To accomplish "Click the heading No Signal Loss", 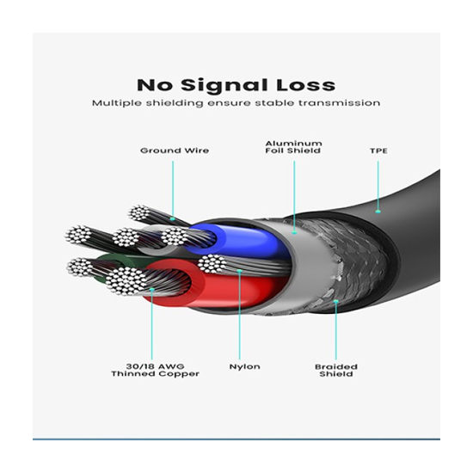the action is [x=236, y=85].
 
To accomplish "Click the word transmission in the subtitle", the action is [x=340, y=103].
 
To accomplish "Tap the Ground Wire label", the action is [x=175, y=150].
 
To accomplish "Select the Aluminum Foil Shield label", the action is [x=293, y=147].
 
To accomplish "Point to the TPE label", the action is [x=378, y=150].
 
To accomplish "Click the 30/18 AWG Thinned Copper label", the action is [x=155, y=370].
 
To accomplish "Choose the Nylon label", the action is [x=244, y=367].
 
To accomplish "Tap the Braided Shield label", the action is [x=336, y=371].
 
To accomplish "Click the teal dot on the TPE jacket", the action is [x=378, y=212].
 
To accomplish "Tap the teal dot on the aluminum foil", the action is [x=294, y=232].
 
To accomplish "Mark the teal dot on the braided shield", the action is [x=335, y=301].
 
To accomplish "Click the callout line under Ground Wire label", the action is [x=173, y=189].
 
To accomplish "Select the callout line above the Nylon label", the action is [x=240, y=316].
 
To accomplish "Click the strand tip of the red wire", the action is [x=126, y=281].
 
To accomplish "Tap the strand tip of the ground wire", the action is [x=139, y=212].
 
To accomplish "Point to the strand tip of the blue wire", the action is [x=175, y=236].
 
